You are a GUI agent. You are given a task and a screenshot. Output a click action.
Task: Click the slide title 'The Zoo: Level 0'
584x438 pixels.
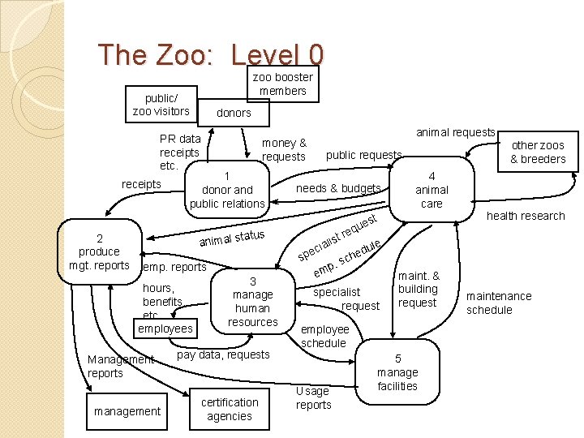[211, 54]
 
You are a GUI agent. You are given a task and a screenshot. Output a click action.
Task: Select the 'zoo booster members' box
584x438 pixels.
[283, 84]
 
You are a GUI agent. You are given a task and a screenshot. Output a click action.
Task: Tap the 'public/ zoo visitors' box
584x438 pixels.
[161, 105]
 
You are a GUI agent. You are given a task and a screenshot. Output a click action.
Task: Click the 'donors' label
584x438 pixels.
[234, 113]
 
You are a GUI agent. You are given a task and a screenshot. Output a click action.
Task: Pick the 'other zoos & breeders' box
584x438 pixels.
[538, 152]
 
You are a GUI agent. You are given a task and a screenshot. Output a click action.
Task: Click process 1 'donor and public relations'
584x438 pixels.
[227, 190]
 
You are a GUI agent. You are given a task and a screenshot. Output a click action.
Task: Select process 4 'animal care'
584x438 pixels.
[432, 190]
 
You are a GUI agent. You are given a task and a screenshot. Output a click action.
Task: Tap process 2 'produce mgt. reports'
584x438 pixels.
[99, 251]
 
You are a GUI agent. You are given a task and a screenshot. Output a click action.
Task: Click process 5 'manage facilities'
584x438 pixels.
[397, 372]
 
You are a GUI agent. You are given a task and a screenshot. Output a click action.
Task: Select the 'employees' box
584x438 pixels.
[165, 328]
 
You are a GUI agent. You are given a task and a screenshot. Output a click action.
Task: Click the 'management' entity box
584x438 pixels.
[127, 411]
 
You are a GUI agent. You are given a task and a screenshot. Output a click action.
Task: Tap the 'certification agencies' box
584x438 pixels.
[230, 409]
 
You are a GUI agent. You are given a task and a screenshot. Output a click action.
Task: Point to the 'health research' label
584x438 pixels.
[525, 216]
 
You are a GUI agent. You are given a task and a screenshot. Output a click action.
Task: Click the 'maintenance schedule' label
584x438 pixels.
[499, 303]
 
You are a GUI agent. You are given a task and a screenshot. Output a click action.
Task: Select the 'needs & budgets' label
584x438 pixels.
[338, 188]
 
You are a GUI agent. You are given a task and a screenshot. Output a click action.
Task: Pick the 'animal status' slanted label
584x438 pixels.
[232, 238]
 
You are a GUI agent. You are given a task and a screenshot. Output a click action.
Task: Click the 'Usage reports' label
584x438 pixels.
[313, 397]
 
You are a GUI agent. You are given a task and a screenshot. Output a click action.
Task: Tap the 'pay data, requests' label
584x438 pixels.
[223, 354]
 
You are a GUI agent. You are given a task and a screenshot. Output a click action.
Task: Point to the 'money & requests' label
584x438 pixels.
[284, 149]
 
